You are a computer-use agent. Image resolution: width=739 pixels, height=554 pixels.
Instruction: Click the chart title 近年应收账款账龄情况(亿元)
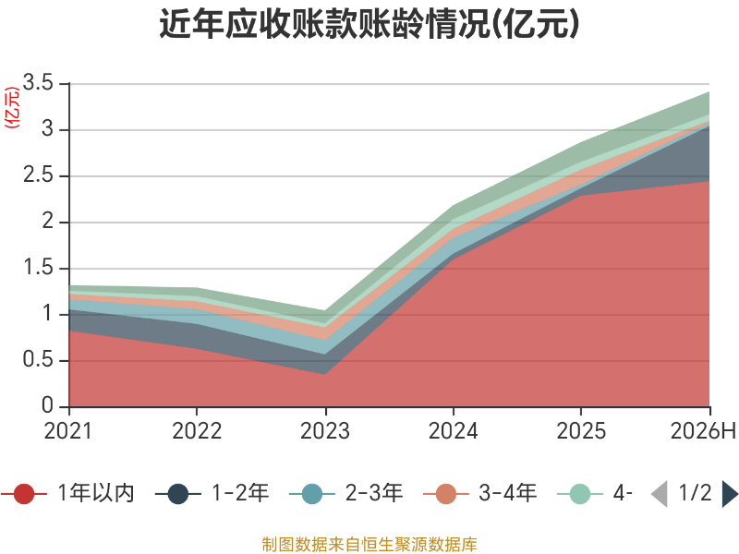click(x=369, y=24)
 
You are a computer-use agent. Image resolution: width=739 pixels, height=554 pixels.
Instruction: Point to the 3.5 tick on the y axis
click(x=38, y=82)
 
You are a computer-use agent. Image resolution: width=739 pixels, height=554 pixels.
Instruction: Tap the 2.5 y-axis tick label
click(x=38, y=175)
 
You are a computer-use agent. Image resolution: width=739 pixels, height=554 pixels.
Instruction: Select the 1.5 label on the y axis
click(x=39, y=268)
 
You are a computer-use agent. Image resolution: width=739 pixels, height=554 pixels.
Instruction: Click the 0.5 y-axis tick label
click(x=38, y=360)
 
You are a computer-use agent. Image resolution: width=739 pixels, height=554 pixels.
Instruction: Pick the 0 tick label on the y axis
click(x=48, y=405)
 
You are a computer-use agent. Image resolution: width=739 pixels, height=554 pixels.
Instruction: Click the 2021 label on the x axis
click(x=68, y=431)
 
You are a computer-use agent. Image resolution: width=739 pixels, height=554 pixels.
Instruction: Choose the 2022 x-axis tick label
click(x=197, y=431)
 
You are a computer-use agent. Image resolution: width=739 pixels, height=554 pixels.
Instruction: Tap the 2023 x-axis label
click(x=325, y=431)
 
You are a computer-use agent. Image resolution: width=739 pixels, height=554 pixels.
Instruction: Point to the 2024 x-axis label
click(x=453, y=431)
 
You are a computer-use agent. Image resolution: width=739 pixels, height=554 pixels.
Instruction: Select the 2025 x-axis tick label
click(x=581, y=431)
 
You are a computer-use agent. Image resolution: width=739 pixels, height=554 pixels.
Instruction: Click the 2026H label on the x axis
click(x=703, y=431)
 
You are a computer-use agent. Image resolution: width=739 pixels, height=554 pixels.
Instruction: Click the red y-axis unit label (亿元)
click(x=12, y=107)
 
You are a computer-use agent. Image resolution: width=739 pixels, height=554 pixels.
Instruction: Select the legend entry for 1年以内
click(x=68, y=493)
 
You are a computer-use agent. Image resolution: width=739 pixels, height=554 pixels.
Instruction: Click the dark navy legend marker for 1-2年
click(x=178, y=494)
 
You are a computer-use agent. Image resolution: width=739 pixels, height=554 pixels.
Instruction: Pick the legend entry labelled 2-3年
click(x=346, y=493)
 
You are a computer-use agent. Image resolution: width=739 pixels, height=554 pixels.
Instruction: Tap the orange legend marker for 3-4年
click(x=446, y=494)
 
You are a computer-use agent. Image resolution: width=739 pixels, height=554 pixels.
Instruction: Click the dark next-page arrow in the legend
click(x=730, y=494)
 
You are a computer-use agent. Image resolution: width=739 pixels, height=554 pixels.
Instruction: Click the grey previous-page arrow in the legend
click(x=660, y=494)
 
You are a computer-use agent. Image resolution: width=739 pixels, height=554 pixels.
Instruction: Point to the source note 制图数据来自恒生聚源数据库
click(x=369, y=544)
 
